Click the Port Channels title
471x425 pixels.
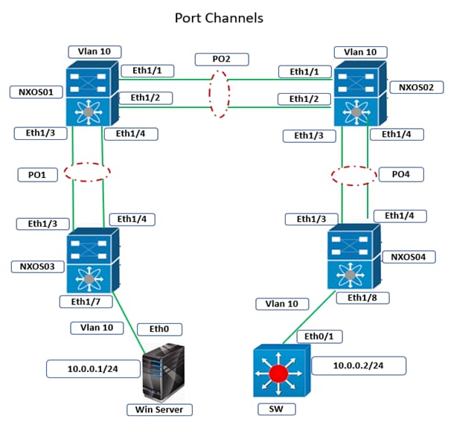click(x=219, y=17)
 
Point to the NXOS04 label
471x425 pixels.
click(x=408, y=257)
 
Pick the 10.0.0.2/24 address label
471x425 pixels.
click(x=359, y=365)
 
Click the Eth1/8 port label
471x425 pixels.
click(x=358, y=297)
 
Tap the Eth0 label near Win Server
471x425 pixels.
click(x=159, y=328)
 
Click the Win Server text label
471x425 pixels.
click(x=159, y=409)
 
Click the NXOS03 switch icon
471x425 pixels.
click(x=91, y=261)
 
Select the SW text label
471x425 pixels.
click(x=277, y=409)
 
